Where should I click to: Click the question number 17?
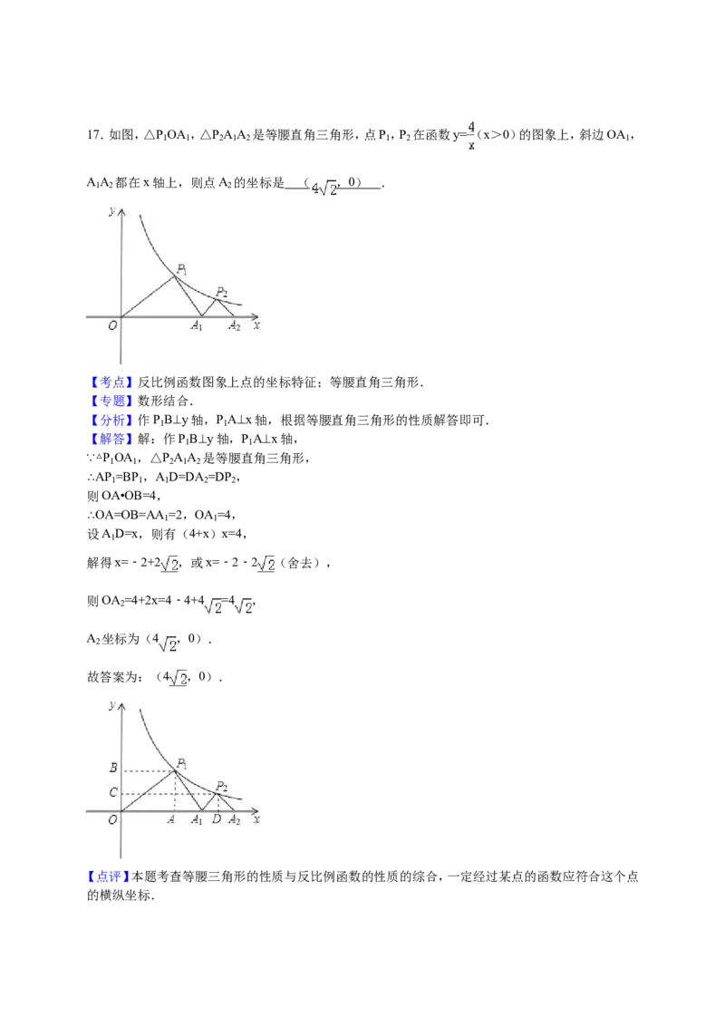click(x=94, y=135)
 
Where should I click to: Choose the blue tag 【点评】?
click(x=109, y=876)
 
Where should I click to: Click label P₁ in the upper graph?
click(x=182, y=269)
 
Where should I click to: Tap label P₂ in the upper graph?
click(x=222, y=293)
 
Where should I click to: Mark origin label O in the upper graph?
click(x=112, y=325)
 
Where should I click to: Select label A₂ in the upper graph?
click(x=234, y=326)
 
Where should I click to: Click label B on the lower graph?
click(x=113, y=768)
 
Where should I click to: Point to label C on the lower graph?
click(x=113, y=792)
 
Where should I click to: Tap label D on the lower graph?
click(x=217, y=819)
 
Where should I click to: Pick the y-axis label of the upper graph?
click(x=112, y=210)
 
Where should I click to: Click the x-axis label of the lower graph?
click(x=256, y=818)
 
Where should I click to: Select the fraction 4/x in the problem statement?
click(x=471, y=136)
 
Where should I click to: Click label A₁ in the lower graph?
click(x=197, y=820)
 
